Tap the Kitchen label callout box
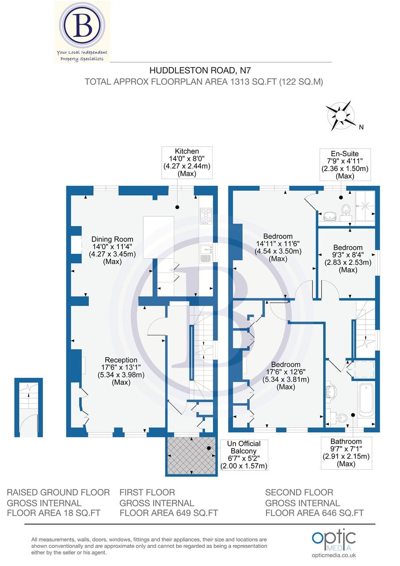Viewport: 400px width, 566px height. click(x=187, y=163)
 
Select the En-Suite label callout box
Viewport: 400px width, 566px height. click(x=345, y=164)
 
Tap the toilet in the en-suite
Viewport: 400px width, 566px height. click(x=346, y=211)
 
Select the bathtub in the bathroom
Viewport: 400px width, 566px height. click(x=366, y=400)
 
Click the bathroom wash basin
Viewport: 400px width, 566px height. click(x=331, y=390)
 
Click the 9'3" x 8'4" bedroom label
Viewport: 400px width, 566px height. click(x=348, y=258)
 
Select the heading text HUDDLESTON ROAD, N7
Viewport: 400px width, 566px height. click(x=197, y=70)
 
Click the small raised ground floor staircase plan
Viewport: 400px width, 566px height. click(x=29, y=408)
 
